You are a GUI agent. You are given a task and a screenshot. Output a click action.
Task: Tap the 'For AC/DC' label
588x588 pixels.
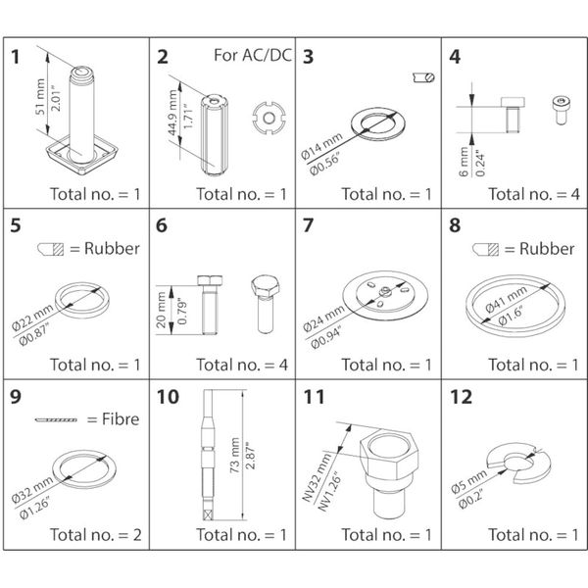pos(250,55)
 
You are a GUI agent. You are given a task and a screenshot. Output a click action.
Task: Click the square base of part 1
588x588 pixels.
pos(82,154)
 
